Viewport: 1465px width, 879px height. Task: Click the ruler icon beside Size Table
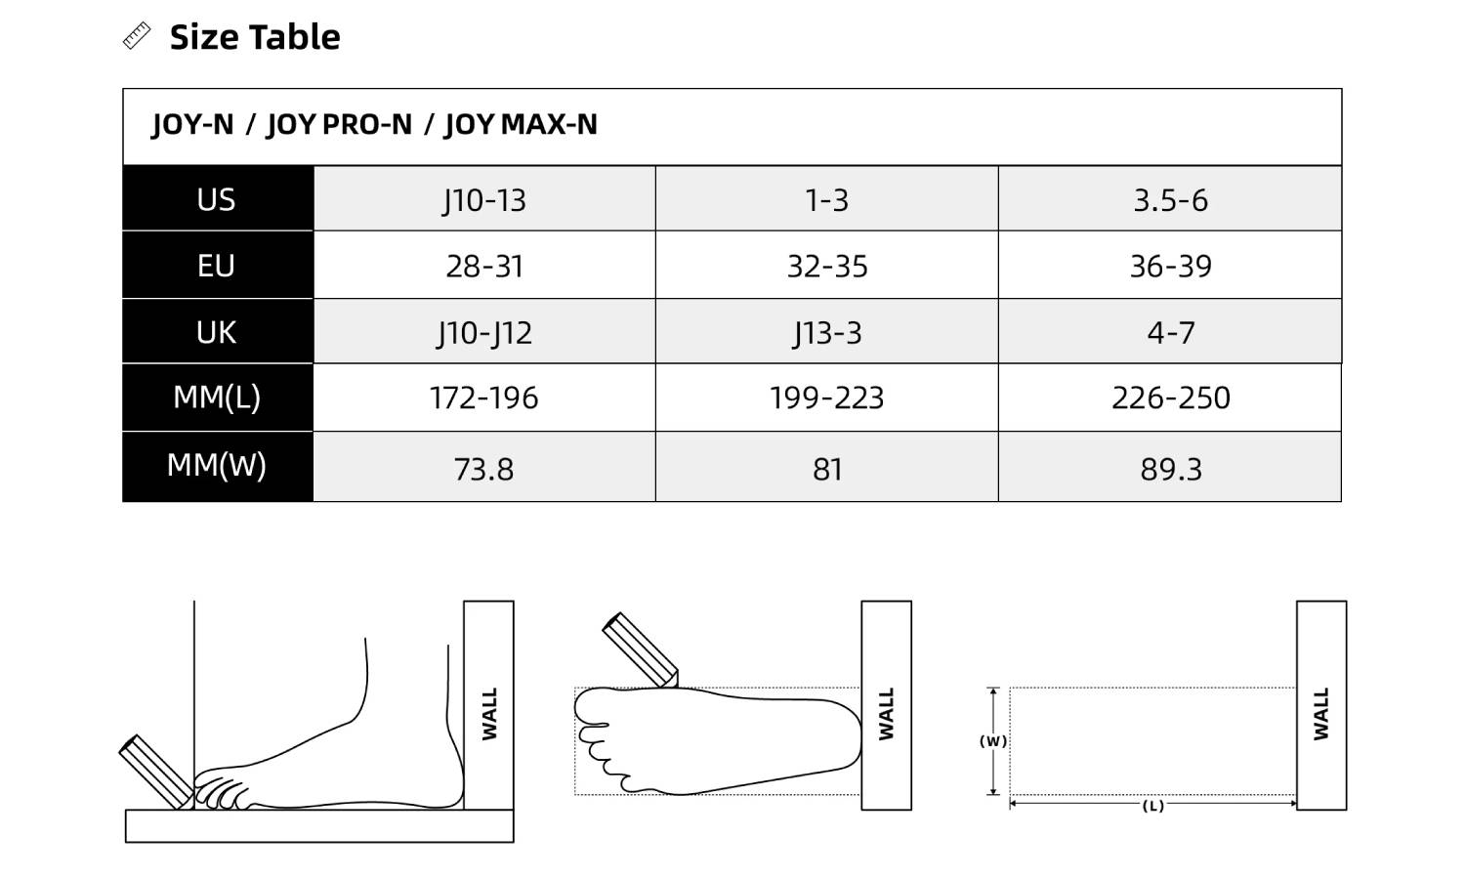[x=137, y=36]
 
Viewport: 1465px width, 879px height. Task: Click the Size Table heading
[x=255, y=37]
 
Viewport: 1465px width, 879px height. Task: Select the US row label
[x=216, y=199]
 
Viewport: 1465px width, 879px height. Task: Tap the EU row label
[x=216, y=266]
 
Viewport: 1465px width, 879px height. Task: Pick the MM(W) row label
[x=217, y=465]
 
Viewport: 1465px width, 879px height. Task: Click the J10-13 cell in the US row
[x=484, y=200]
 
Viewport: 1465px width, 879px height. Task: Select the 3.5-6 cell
[x=1171, y=200]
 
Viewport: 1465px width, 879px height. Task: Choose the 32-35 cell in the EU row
[x=827, y=267]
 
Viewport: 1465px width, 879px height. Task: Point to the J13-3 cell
[x=827, y=333]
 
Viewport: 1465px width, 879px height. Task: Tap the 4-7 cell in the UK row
[x=1171, y=333]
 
